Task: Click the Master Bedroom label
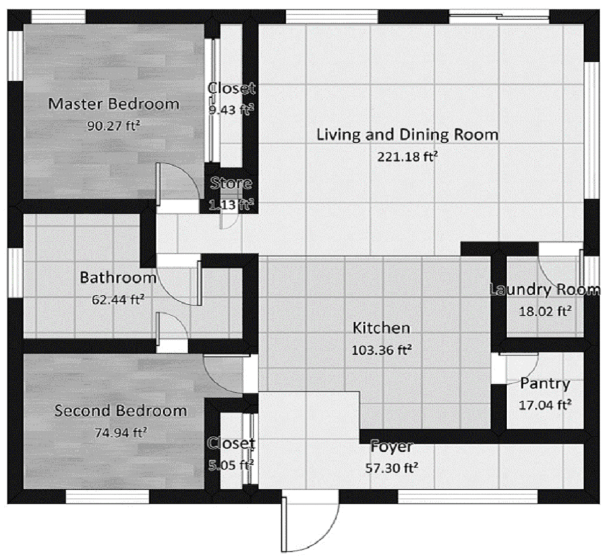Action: coord(114,104)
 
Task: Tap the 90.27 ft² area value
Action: coord(113,125)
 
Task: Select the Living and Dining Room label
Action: coord(407,134)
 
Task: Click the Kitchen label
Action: coord(381,329)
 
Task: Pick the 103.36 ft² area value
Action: coord(382,349)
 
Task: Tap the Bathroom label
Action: coord(118,277)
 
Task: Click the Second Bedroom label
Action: coord(121,411)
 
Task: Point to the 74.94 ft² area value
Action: coord(121,432)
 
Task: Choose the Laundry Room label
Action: coord(544,290)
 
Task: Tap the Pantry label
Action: coord(545,384)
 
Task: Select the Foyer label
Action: coord(391,447)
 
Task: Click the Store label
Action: coord(231,184)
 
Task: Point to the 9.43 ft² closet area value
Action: coord(231,109)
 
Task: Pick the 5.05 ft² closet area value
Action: coord(231,464)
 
